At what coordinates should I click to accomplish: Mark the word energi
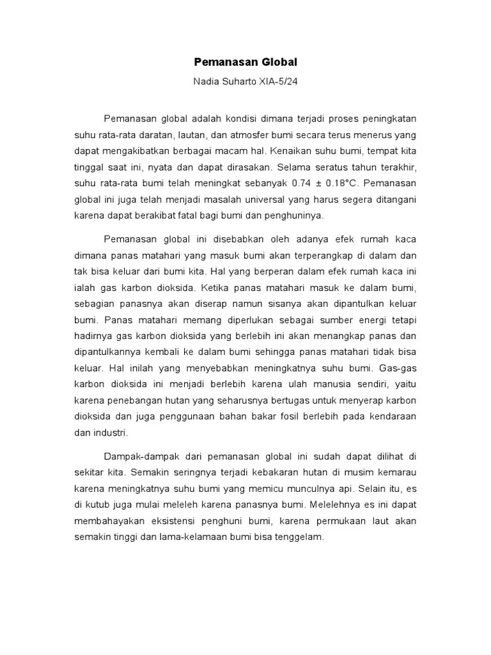tap(369, 320)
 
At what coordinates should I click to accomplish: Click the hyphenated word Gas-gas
tap(398, 368)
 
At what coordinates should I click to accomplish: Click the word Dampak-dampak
tap(132, 457)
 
